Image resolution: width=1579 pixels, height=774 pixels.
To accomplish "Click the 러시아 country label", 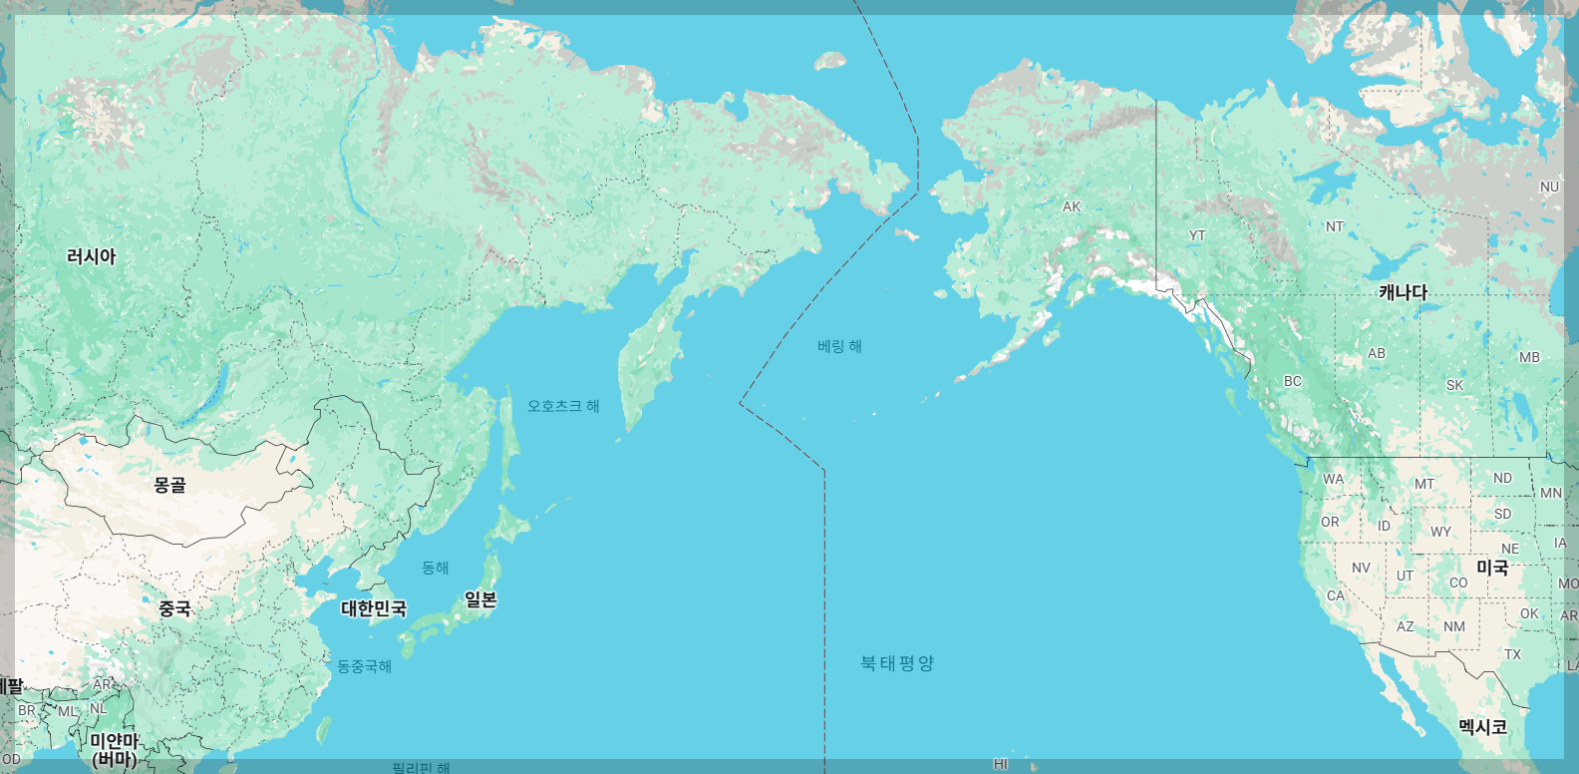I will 91,256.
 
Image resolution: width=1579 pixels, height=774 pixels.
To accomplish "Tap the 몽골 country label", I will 169,485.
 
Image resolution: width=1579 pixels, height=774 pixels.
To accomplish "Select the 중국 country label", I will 174,607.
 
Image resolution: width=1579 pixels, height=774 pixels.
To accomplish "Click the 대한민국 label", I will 374,607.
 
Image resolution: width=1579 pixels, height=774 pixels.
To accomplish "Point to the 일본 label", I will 480,599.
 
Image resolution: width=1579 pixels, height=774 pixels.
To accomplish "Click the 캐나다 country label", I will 1403,292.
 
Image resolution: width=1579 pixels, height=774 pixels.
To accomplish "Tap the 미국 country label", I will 1492,567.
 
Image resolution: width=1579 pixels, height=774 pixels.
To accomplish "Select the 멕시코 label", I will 1482,726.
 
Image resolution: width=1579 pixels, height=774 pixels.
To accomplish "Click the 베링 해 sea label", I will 839,346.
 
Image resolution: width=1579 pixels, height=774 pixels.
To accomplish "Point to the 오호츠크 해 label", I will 563,406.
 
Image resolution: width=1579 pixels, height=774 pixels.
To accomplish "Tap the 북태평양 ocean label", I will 897,663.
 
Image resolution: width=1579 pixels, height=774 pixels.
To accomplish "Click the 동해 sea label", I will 436,568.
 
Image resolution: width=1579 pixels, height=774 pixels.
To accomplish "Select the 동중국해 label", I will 364,666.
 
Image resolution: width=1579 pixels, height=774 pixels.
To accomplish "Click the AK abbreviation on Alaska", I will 1072,206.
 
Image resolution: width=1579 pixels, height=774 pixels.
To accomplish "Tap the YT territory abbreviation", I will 1197,235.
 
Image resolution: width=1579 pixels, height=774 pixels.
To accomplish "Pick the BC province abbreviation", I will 1293,381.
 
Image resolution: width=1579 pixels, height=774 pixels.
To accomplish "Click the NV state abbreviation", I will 1361,568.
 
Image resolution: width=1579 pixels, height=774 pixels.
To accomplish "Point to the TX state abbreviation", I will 1513,654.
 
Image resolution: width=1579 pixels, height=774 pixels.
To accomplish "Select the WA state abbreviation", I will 1334,479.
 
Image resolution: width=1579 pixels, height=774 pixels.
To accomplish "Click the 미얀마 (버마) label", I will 114,749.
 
